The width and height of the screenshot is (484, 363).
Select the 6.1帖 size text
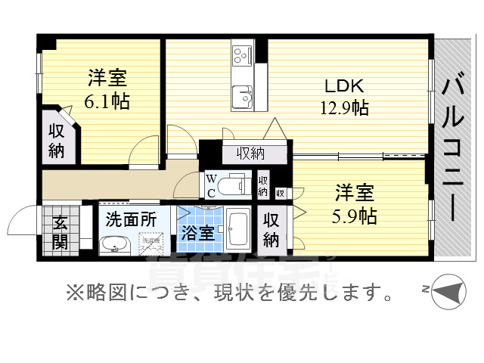pyautogui.click(x=107, y=101)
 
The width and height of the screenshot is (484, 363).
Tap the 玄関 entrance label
pyautogui.click(x=60, y=232)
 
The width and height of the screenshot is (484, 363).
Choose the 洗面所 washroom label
pyautogui.click(x=131, y=221)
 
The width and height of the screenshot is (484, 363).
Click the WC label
pyautogui.click(x=212, y=185)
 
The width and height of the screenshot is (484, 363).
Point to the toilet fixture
pyautogui.click(x=237, y=184)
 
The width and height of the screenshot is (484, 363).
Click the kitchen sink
pyautogui.click(x=244, y=96)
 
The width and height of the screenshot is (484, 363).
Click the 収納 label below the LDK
pyautogui.click(x=250, y=154)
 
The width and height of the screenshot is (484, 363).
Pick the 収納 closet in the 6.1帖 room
pyautogui.click(x=57, y=140)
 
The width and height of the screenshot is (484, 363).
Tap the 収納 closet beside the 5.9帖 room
pyautogui.click(x=271, y=230)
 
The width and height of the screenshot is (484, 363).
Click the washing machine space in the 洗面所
pyautogui.click(x=154, y=244)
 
